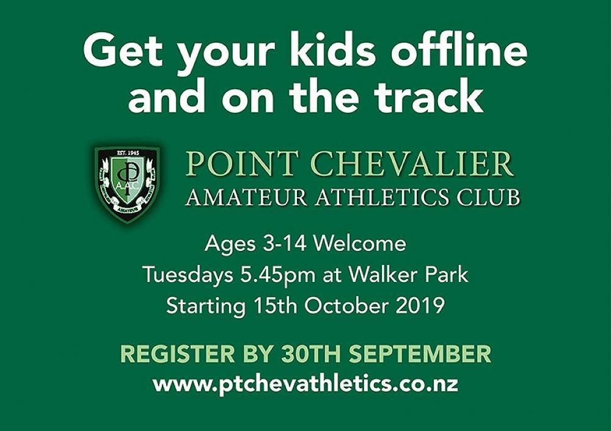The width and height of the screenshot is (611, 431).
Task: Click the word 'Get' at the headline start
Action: [121, 51]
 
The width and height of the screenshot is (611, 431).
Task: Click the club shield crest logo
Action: [127, 184]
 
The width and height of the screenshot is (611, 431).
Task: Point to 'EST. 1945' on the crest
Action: [127, 153]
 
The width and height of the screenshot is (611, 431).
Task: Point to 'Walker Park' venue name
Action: [408, 275]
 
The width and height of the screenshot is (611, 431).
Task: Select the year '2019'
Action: [420, 305]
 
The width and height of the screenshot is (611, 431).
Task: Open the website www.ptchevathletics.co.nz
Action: [305, 385]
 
